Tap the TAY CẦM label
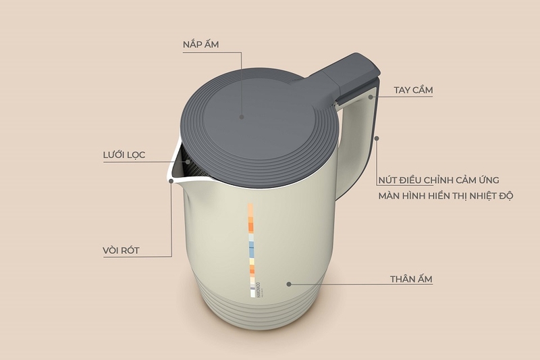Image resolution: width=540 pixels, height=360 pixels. point(413,90)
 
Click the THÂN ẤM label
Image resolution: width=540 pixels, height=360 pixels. point(411,278)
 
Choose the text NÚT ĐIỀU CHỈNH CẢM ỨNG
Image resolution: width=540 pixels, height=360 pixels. point(439,179)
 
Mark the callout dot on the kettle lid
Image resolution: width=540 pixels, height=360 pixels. point(241,116)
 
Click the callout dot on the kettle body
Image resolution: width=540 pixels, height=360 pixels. point(289,284)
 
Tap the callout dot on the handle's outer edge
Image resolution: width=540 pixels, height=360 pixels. point(377,138)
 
